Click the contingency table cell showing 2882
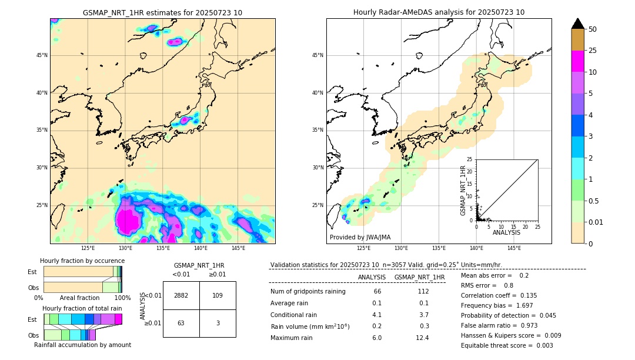[x=181, y=295]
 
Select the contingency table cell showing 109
[x=218, y=295]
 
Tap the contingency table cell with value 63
[x=181, y=323]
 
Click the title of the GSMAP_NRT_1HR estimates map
[x=162, y=13]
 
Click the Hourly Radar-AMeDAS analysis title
[x=439, y=13]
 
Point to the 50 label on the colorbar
[x=593, y=29]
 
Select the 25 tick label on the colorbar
[x=593, y=51]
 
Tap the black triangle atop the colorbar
[x=578, y=24]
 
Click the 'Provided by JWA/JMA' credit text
[x=360, y=238]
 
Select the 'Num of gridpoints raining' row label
[x=308, y=292]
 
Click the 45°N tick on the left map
[x=42, y=55]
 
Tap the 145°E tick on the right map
[x=514, y=248]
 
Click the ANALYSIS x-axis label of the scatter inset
[x=506, y=232]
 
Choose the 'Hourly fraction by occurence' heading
[x=82, y=261]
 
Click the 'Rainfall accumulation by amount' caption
[x=82, y=345]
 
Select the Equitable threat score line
[x=507, y=345]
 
